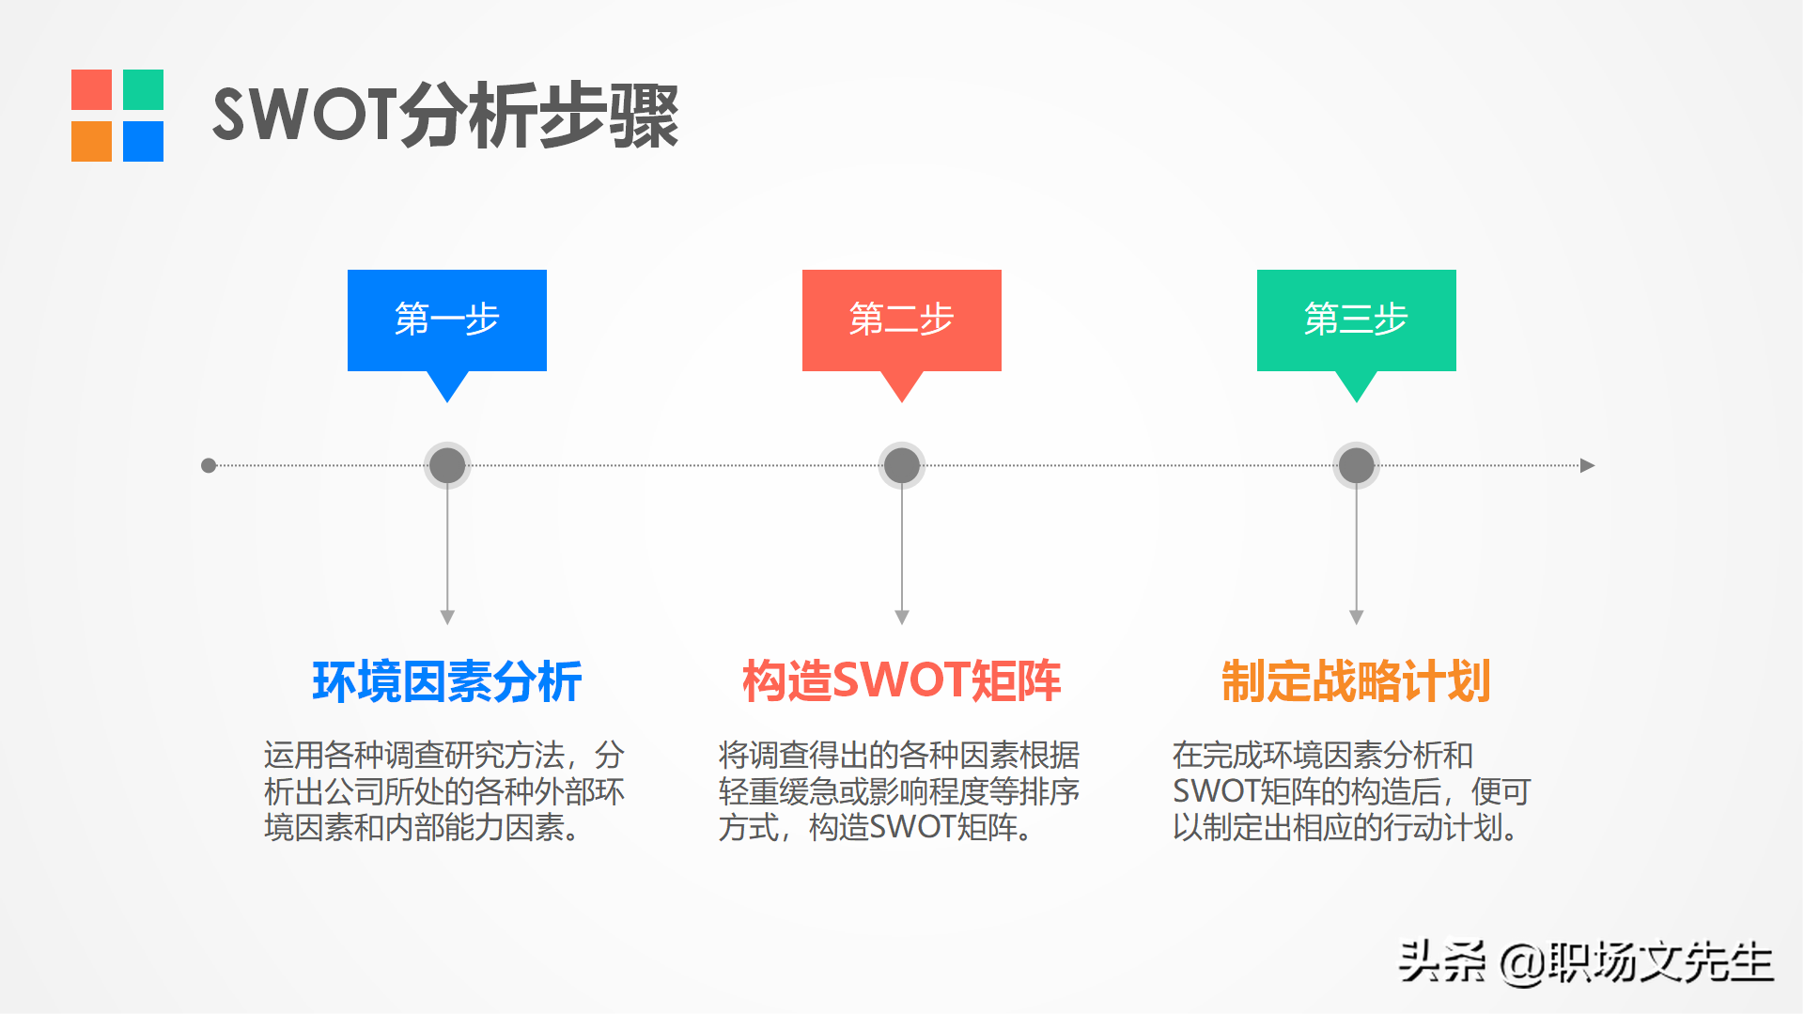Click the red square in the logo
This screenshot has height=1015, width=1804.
pyautogui.click(x=91, y=89)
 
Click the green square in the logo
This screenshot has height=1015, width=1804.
pyautogui.click(x=143, y=89)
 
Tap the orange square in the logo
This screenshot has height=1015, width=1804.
pyautogui.click(x=91, y=141)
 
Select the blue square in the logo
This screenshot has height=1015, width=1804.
pyautogui.click(x=143, y=141)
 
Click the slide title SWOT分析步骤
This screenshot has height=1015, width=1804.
pyautogui.click(x=445, y=116)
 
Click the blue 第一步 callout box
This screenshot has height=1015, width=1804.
pyautogui.click(x=447, y=320)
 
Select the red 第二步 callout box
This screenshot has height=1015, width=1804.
pyautogui.click(x=902, y=320)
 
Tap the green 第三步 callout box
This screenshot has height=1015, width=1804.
pyautogui.click(x=1356, y=320)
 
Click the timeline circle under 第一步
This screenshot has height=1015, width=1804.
pyautogui.click(x=447, y=465)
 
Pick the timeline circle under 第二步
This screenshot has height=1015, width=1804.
pyautogui.click(x=902, y=465)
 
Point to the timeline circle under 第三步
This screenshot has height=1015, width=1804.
pyautogui.click(x=1356, y=465)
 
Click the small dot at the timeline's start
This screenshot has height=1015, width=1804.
pyautogui.click(x=209, y=465)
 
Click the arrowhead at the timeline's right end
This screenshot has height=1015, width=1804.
pyautogui.click(x=1587, y=465)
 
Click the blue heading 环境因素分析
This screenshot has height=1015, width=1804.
pyautogui.click(x=447, y=681)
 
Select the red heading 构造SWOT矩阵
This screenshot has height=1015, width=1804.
pyautogui.click(x=902, y=681)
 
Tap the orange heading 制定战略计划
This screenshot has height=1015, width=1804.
pyautogui.click(x=1356, y=681)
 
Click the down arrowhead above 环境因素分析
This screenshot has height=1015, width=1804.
pyautogui.click(x=447, y=617)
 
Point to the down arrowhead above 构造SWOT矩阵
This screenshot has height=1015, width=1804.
pyautogui.click(x=902, y=617)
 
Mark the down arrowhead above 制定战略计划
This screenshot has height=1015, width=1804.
pyautogui.click(x=1356, y=617)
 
